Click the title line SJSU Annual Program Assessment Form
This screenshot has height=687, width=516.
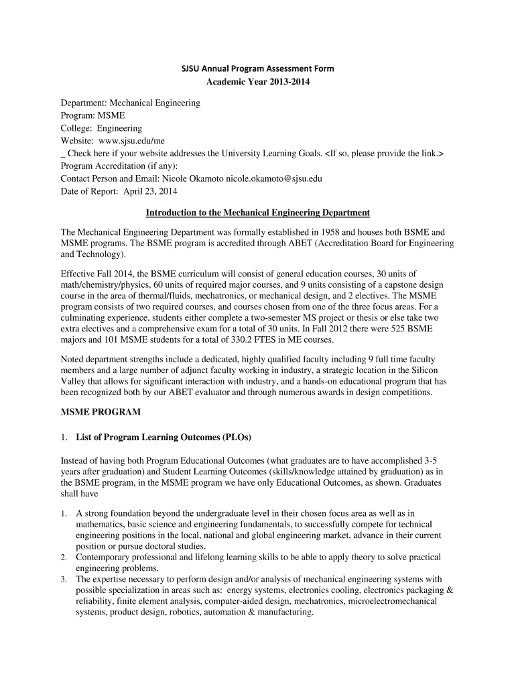click(x=259, y=69)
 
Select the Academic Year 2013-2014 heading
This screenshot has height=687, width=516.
click(x=259, y=83)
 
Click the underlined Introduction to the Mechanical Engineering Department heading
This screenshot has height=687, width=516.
click(x=258, y=213)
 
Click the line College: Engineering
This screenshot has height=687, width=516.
click(x=101, y=128)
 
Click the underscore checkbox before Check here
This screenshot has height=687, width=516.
click(x=62, y=154)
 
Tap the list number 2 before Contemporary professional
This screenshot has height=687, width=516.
click(x=63, y=558)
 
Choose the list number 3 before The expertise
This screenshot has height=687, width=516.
click(x=63, y=580)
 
